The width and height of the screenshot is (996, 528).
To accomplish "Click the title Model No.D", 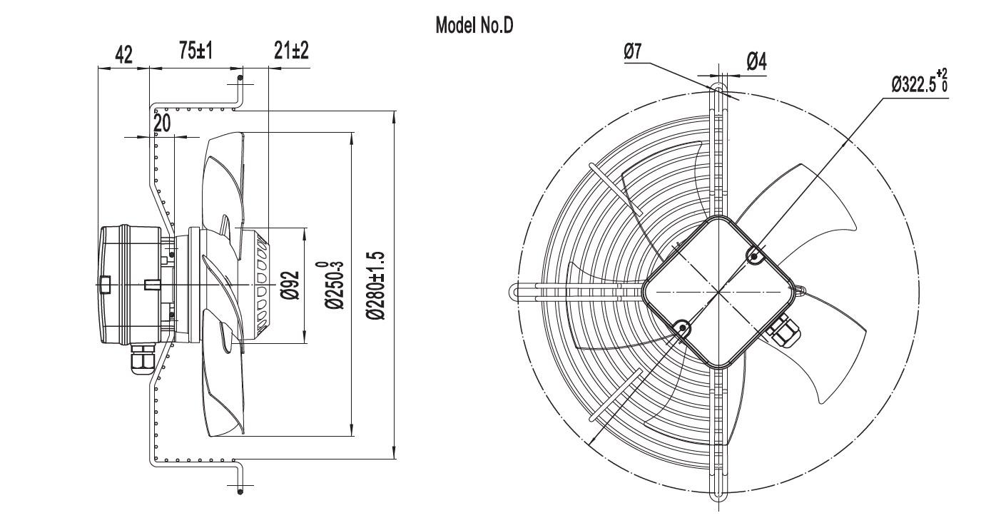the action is point(474,26).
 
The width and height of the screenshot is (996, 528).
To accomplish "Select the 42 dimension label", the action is point(123,55).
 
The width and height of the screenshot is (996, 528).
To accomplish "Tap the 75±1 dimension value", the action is point(195,50).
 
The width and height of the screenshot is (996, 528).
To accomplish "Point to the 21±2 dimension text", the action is point(291,50).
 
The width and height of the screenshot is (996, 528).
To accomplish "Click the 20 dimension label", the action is point(162,123).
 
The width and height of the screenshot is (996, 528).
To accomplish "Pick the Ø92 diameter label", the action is point(290,285).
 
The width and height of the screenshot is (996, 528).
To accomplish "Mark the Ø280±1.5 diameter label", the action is point(376,285).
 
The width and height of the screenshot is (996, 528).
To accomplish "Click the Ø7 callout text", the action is point(633,51).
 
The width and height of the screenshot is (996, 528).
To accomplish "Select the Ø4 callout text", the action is point(757,61).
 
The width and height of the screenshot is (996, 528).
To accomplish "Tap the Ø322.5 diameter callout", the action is point(920,81).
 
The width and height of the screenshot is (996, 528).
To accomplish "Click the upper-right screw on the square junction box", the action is point(754,255).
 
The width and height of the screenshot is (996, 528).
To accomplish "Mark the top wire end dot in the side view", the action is point(240,78).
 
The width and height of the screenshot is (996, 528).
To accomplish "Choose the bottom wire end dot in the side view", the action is point(240,492).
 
